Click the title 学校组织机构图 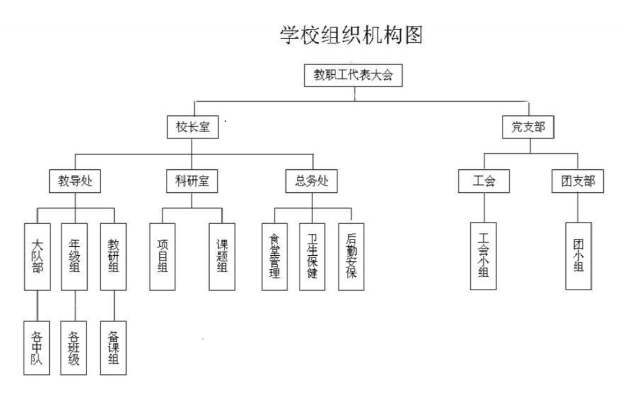click(x=351, y=35)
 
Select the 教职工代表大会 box click(x=354, y=76)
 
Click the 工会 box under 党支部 click(x=484, y=182)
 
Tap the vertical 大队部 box click(x=38, y=256)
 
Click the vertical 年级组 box click(x=75, y=256)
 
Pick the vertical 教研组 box click(x=114, y=256)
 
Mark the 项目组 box click(x=162, y=256)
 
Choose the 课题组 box click(x=222, y=256)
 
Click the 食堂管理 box click(x=275, y=256)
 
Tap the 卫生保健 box click(x=312, y=256)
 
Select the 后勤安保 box click(x=351, y=256)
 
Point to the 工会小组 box click(x=483, y=256)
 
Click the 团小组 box click(x=578, y=256)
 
